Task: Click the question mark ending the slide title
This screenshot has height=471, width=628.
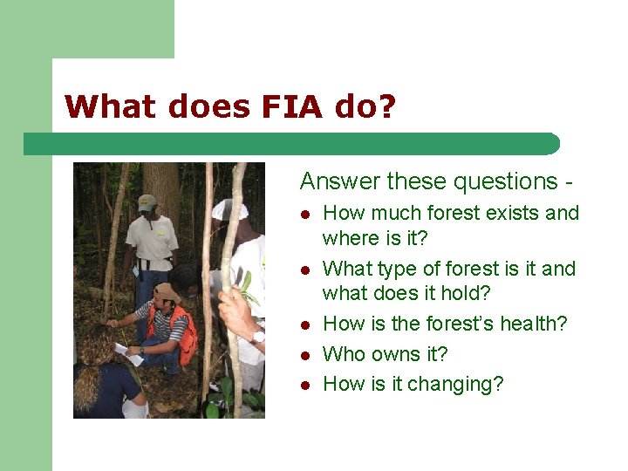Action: (386, 106)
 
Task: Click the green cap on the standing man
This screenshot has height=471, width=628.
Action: (147, 202)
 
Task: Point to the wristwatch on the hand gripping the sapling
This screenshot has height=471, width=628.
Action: (258, 336)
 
